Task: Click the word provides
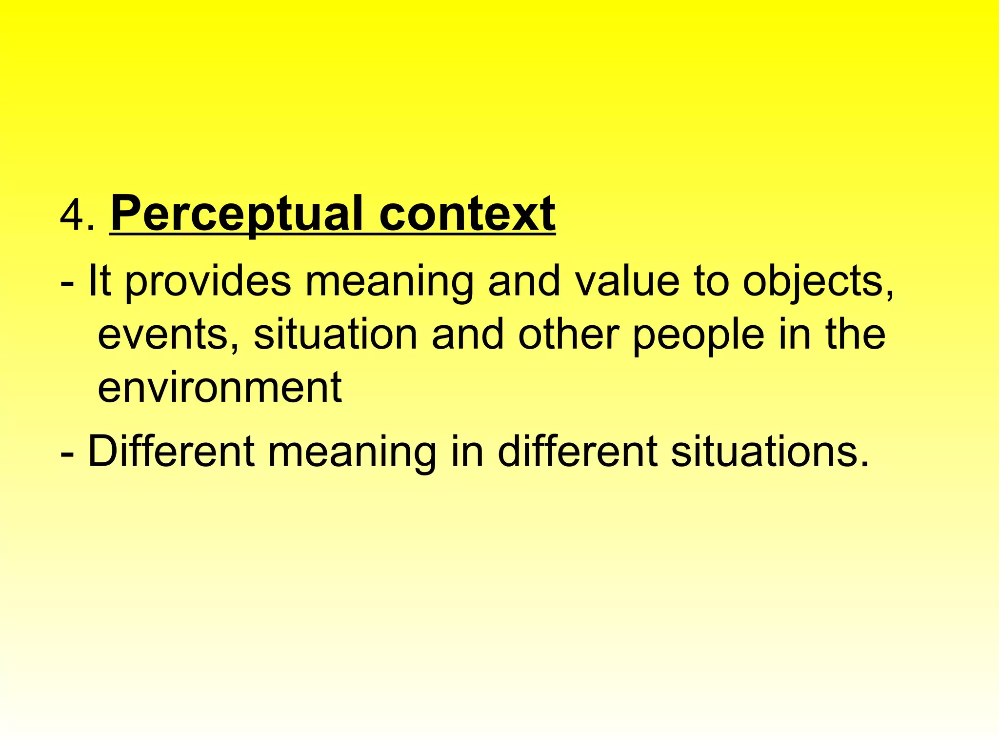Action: pos(208,283)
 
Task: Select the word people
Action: pos(698,336)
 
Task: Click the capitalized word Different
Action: pos(171,452)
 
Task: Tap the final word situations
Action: pos(770,452)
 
